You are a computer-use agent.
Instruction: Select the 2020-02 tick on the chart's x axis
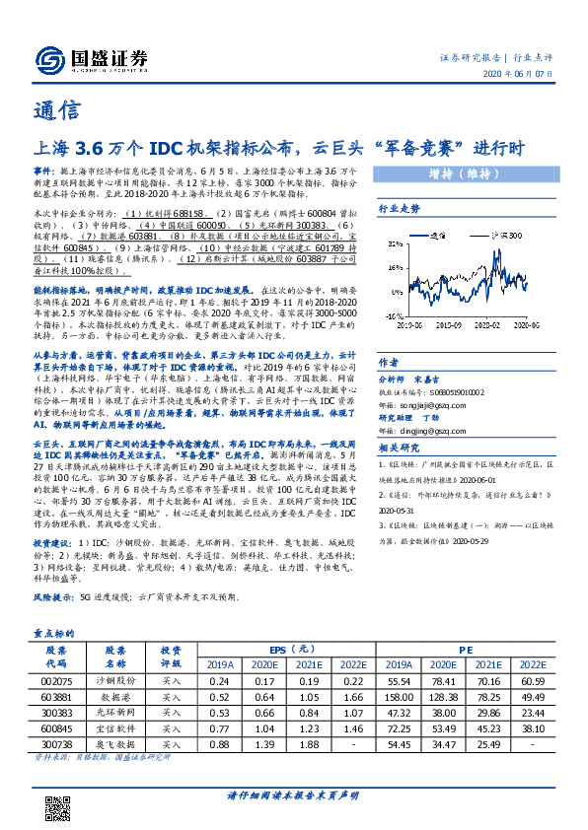487,323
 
